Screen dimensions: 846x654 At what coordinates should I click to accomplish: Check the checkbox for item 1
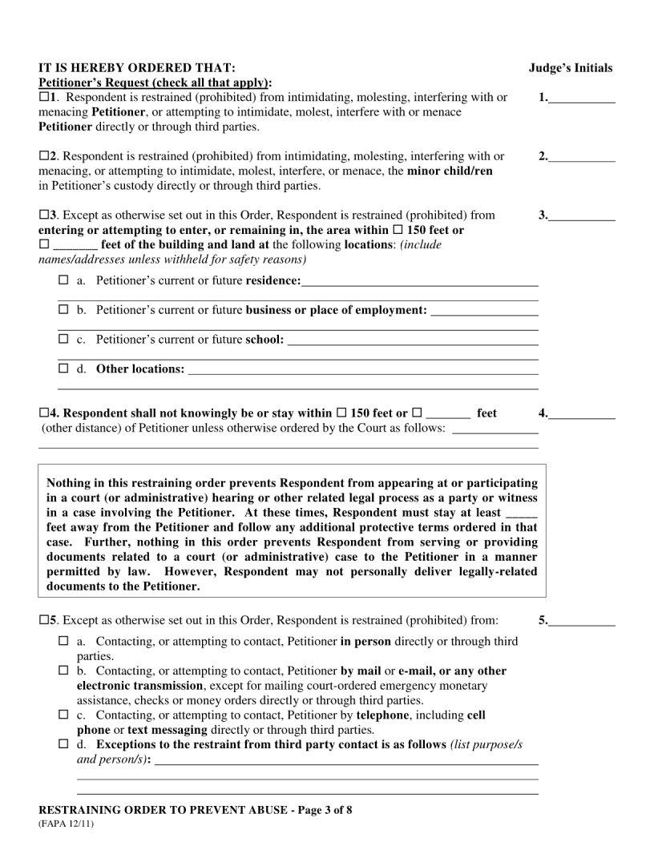tap(43, 98)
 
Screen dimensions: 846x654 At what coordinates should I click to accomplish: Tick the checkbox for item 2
tap(43, 156)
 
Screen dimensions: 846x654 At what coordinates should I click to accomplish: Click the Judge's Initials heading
tap(571, 68)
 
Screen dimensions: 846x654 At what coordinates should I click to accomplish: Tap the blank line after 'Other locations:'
tap(361, 371)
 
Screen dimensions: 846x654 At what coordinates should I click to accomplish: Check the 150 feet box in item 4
tap(341, 413)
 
